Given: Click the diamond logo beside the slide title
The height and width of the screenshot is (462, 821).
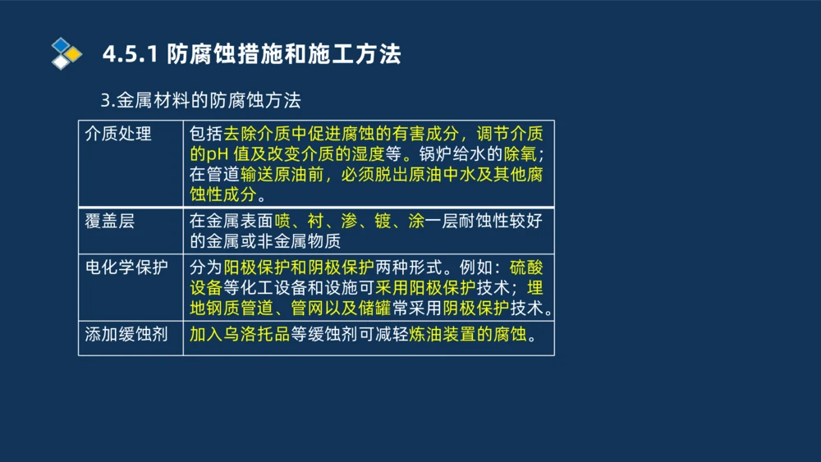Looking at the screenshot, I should pos(67,53).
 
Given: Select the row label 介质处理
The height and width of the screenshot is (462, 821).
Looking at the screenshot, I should pos(119,134).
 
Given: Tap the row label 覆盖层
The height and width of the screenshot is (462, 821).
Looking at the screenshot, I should pos(110,222).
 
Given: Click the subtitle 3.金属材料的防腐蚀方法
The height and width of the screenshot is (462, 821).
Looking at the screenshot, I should pos(200,101).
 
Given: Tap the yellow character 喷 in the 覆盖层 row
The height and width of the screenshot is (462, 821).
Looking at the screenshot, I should pos(283,222).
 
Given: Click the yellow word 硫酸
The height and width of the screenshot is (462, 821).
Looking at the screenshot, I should pos(526,268).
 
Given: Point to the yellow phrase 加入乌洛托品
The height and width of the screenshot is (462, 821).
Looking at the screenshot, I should pos(239,336).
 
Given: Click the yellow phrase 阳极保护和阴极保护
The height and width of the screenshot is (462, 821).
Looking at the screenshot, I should pos(299,268).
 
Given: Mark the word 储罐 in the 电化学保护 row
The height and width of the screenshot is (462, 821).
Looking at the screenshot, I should pos(381,309).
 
